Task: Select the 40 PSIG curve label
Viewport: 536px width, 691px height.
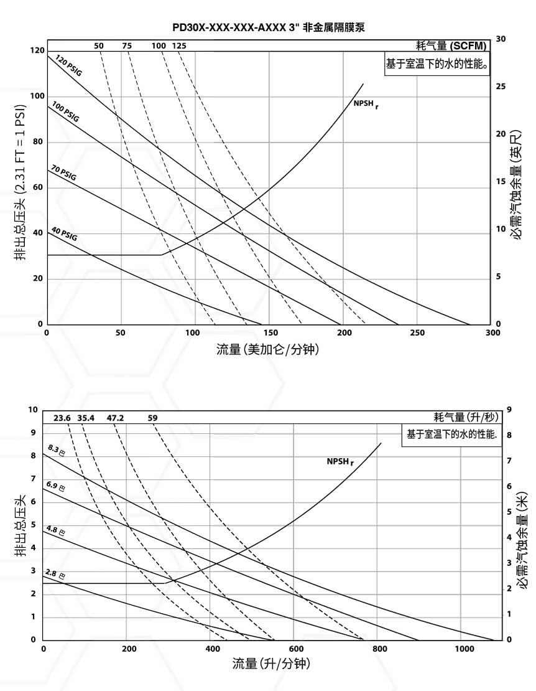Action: click(x=64, y=234)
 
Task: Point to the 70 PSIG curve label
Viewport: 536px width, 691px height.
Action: click(x=63, y=172)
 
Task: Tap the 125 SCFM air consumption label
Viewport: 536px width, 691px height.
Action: click(x=179, y=45)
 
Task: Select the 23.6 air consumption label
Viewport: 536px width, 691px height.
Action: click(x=62, y=418)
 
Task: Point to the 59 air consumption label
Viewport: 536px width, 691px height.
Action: click(x=153, y=418)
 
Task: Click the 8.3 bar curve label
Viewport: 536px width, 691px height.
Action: click(x=56, y=450)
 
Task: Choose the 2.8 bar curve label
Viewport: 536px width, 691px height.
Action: click(x=55, y=574)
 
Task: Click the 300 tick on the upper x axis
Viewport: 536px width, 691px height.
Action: click(x=492, y=333)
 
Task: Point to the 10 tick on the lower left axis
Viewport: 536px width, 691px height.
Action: click(x=34, y=410)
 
